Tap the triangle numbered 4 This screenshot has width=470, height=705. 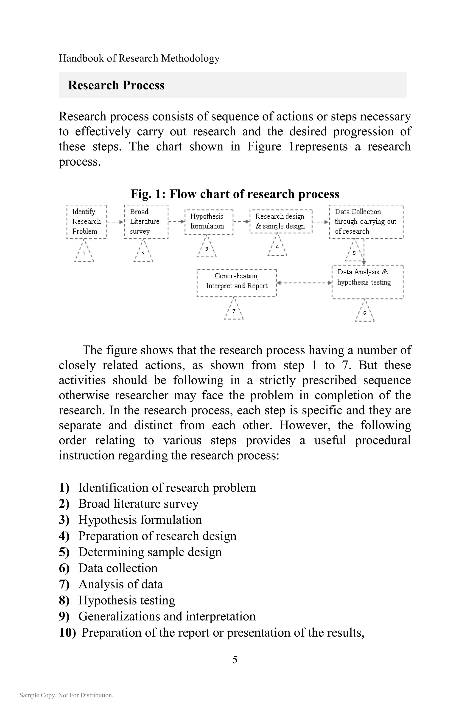(277, 248)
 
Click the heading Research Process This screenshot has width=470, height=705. (116, 85)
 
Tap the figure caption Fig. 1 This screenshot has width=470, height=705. (235, 194)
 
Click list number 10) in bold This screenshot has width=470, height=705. (67, 633)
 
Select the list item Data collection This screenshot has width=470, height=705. (118, 568)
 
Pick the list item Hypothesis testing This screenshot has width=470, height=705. (127, 600)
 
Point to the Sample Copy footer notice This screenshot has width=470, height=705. (66, 695)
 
